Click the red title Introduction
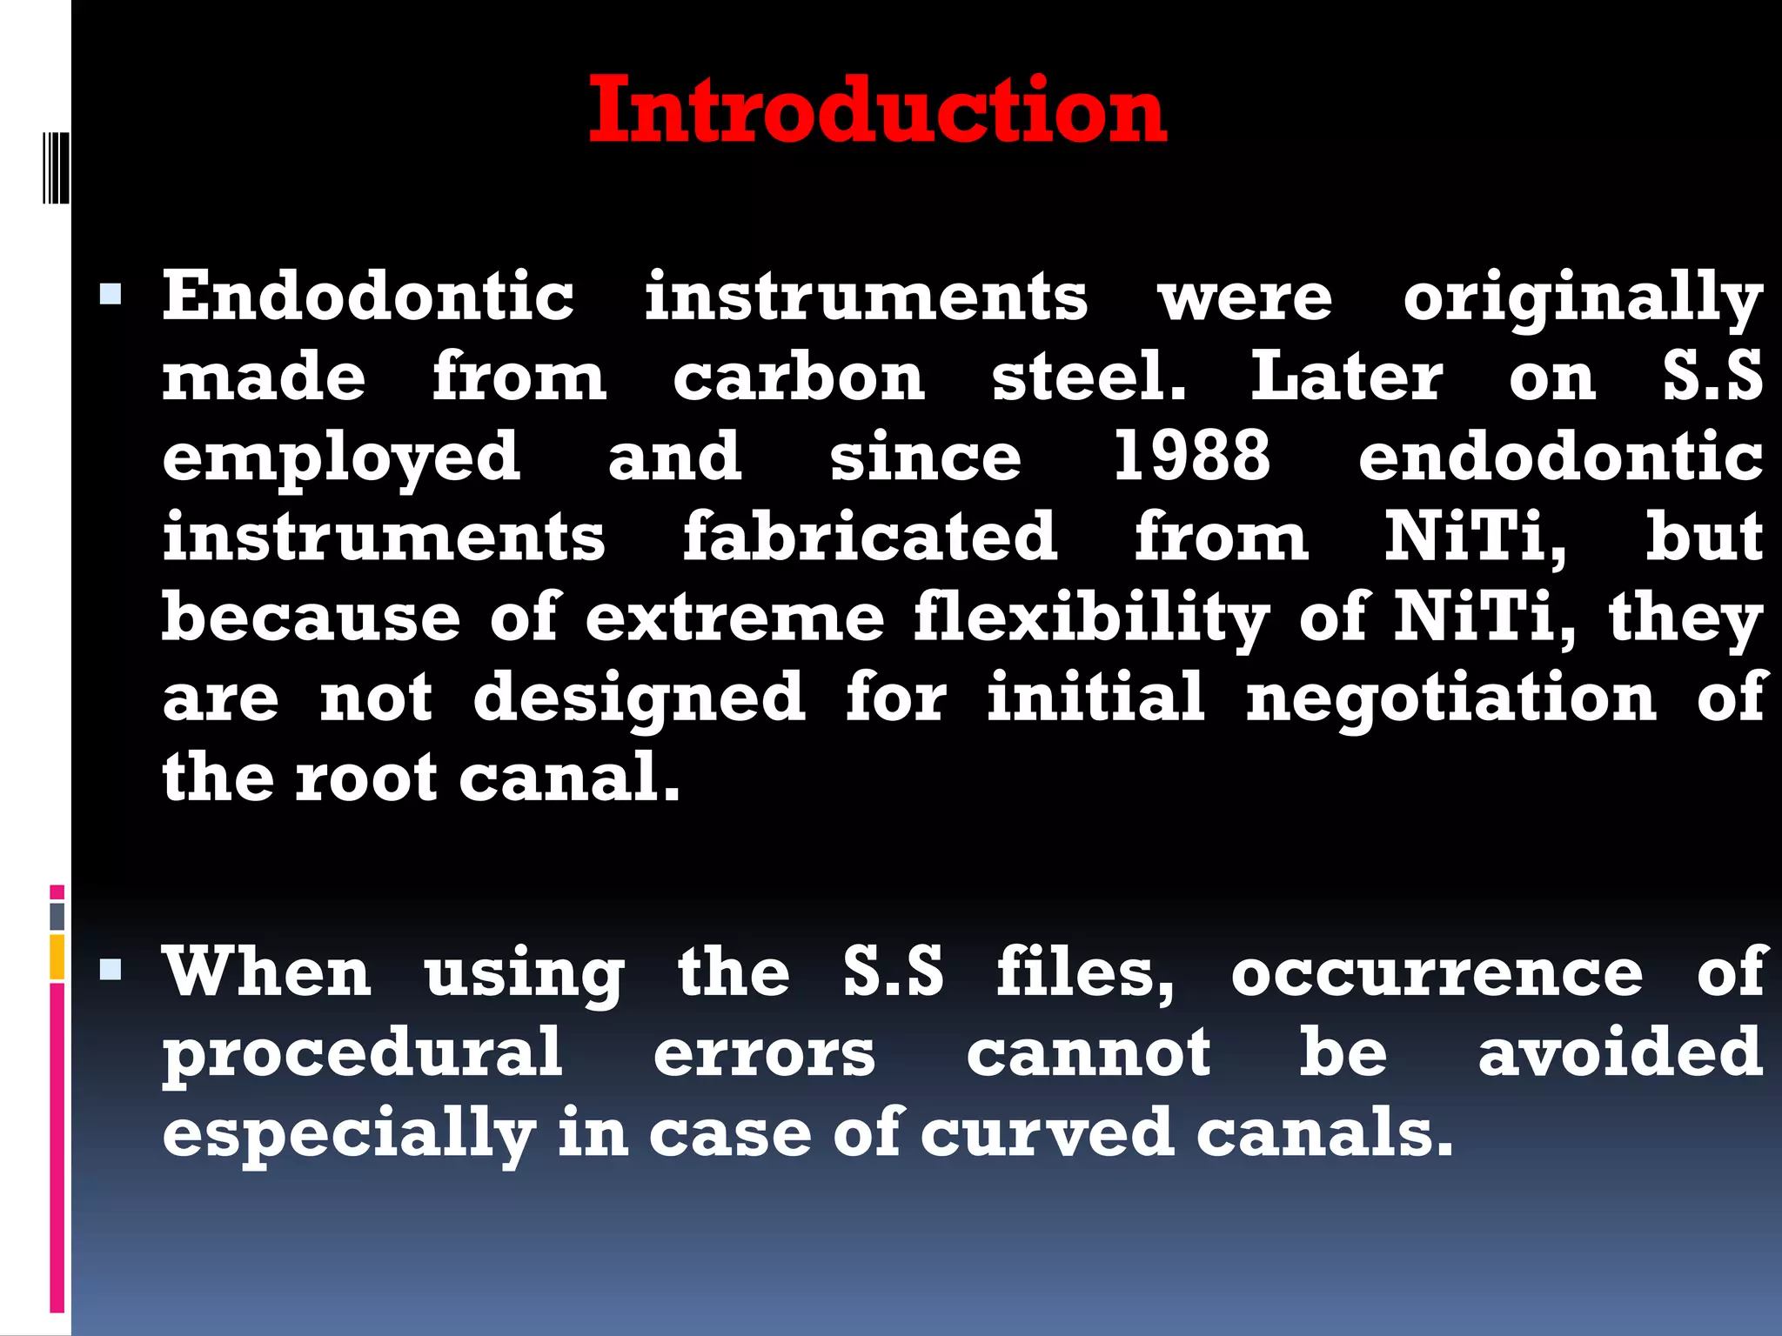(x=877, y=111)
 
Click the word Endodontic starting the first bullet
(x=368, y=297)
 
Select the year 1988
(x=1192, y=457)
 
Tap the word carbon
(x=799, y=377)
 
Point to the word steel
(x=1089, y=377)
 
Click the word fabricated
(x=869, y=537)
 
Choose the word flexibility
(x=1091, y=619)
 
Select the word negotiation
(x=1451, y=698)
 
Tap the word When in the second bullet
(x=268, y=972)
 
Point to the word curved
(x=1047, y=1133)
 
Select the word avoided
(x=1620, y=1052)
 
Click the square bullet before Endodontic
(x=111, y=296)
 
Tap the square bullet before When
(x=111, y=969)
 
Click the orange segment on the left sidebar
(x=57, y=957)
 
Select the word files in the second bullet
(x=1085, y=972)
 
